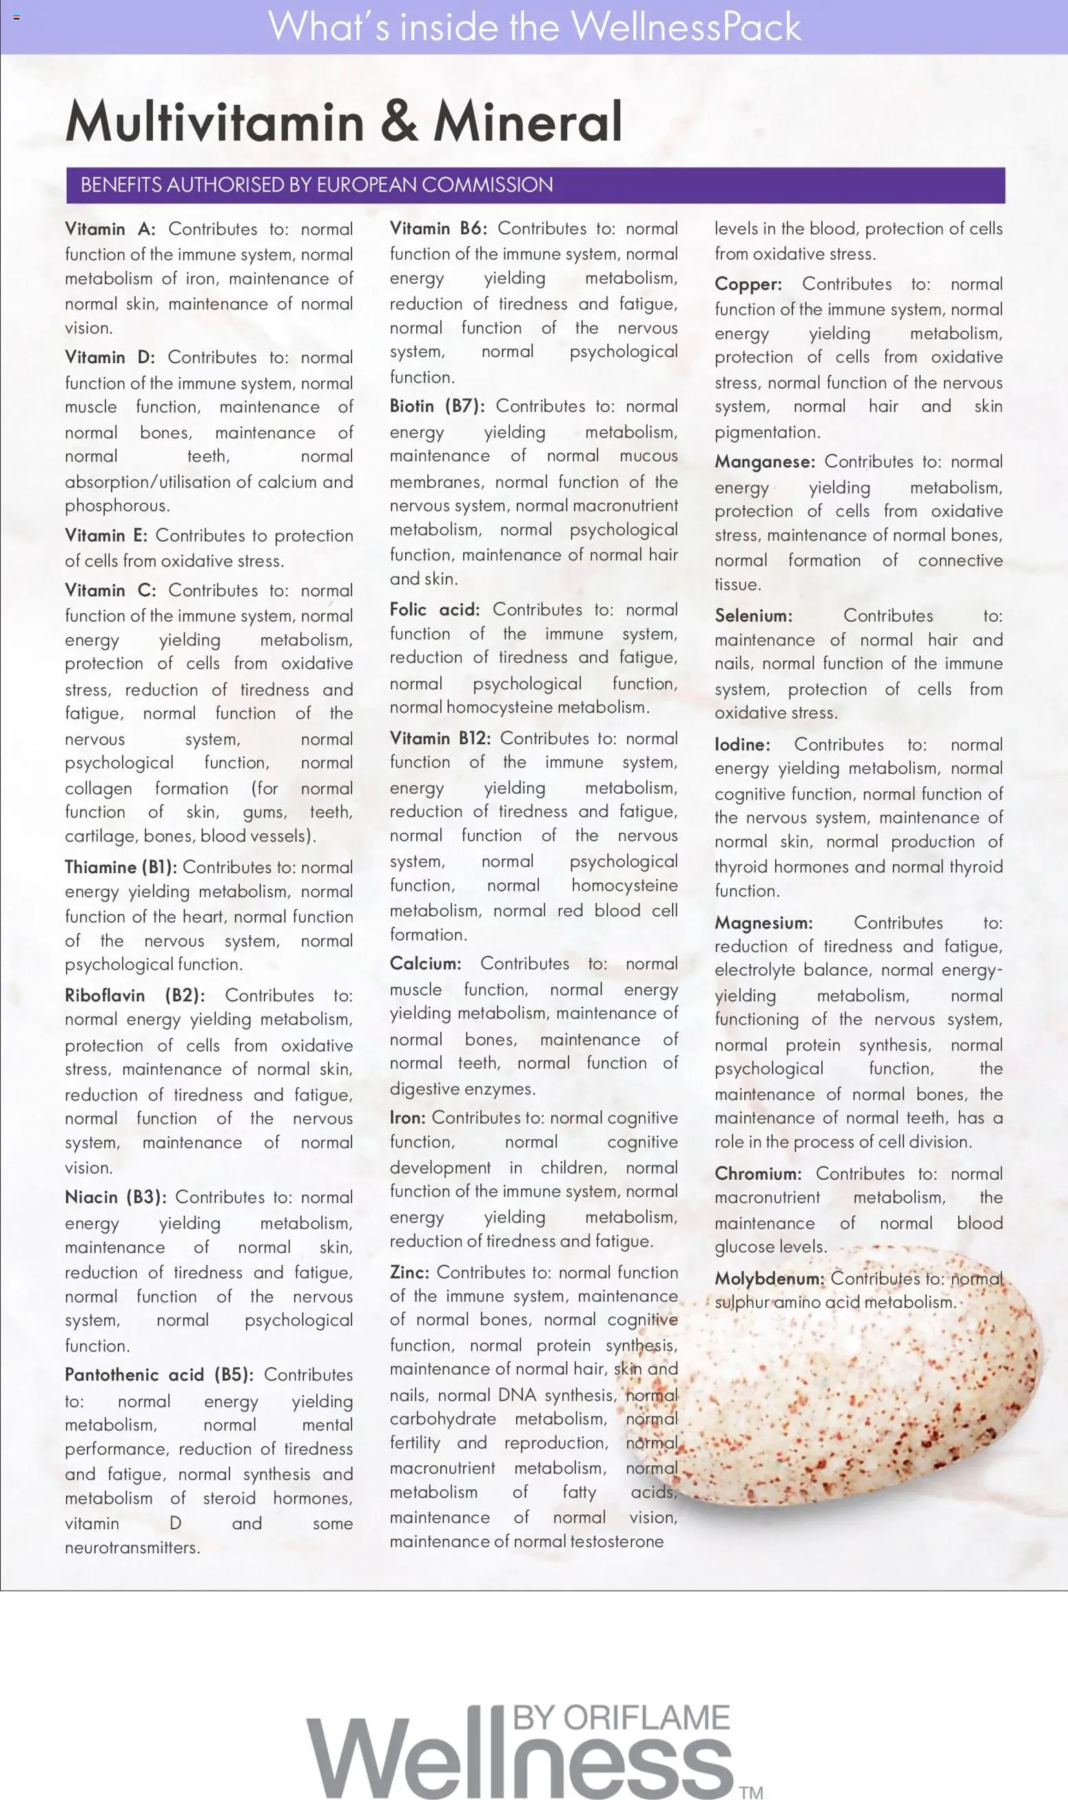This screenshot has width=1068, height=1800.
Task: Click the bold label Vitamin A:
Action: pos(110,229)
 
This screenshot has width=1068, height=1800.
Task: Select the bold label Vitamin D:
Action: pos(110,358)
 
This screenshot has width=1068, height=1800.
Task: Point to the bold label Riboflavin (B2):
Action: pos(134,995)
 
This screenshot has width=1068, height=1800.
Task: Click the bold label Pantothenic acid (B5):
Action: pos(159,1375)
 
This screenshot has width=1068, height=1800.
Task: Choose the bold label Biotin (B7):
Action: pos(437,406)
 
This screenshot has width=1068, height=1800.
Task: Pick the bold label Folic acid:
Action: pos(435,610)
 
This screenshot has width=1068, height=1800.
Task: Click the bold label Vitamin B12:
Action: pos(440,739)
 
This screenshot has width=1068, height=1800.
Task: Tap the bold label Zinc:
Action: pos(409,1272)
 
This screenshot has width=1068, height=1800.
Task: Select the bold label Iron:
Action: pos(407,1118)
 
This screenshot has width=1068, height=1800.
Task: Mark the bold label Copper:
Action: pos(748,285)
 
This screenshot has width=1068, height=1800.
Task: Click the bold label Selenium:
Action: pos(753,616)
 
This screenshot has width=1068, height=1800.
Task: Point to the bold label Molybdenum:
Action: pos(770,1279)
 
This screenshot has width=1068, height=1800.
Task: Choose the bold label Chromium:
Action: pos(758,1174)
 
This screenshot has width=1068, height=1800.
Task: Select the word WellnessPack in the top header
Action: pos(686,27)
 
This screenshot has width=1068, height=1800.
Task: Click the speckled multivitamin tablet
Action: pos(863,1389)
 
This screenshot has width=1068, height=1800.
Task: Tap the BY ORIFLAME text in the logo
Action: pos(621,1717)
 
